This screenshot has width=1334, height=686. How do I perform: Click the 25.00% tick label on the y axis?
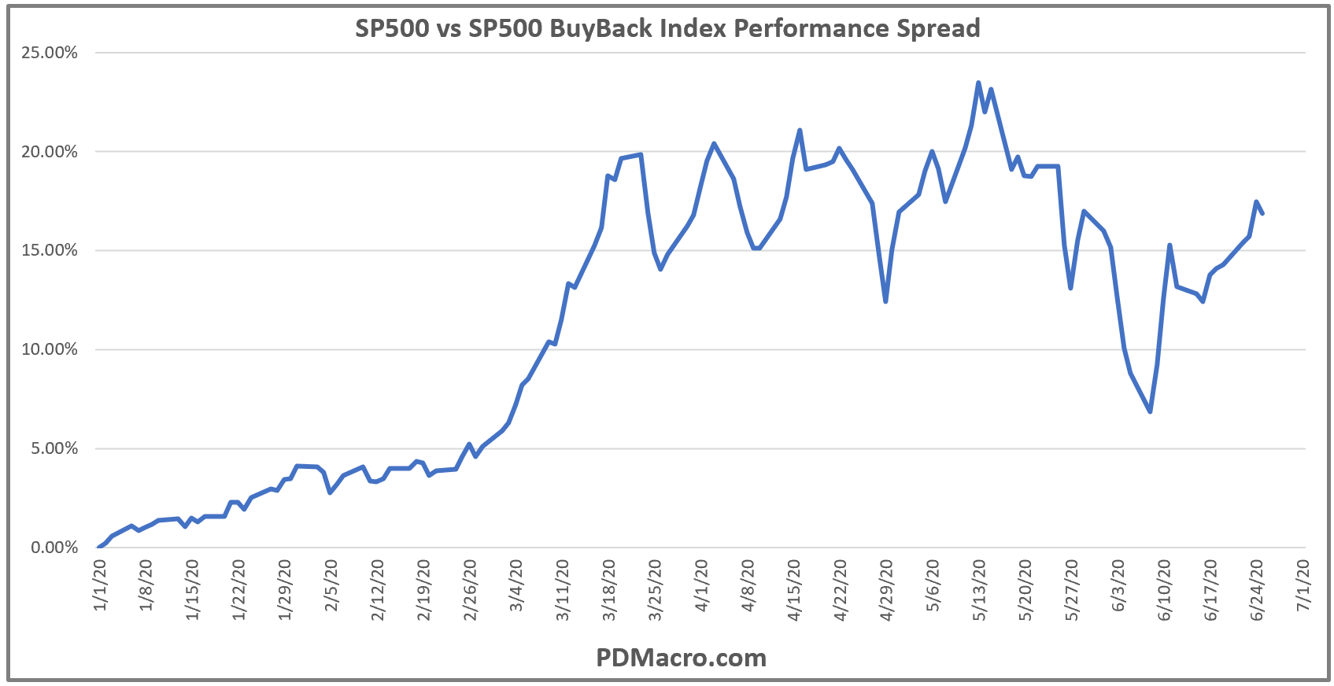[50, 53]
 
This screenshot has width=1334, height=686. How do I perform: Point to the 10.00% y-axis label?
[50, 349]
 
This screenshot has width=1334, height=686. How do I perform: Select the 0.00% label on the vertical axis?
[54, 548]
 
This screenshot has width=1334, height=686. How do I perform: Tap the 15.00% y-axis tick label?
[50, 250]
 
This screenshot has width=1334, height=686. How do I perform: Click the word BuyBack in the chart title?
[599, 28]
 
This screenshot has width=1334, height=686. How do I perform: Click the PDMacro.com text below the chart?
[681, 658]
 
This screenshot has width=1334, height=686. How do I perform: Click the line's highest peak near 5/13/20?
[978, 83]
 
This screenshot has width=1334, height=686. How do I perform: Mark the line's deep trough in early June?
[1150, 411]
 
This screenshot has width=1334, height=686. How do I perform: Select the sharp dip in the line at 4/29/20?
[885, 301]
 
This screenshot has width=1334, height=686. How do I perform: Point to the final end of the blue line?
[1262, 213]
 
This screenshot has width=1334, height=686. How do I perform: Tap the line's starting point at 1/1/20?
[99, 548]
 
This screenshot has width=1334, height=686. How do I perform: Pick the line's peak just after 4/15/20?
[800, 131]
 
